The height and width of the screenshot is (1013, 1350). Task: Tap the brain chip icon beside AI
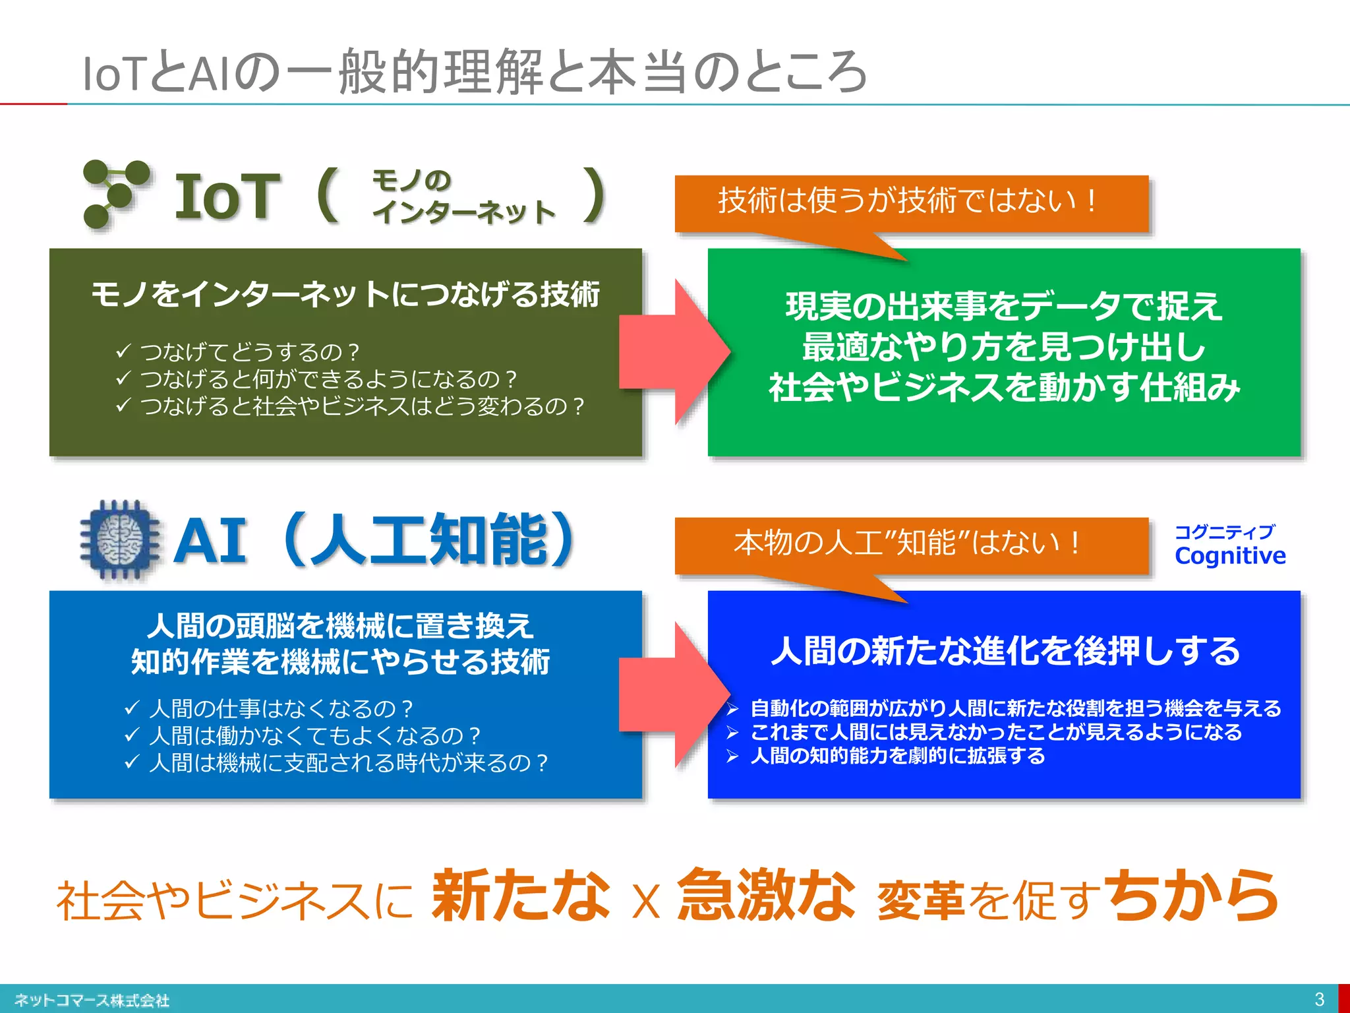(119, 539)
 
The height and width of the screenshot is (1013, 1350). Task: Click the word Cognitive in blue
(1230, 556)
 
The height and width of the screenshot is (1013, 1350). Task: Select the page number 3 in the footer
(1319, 999)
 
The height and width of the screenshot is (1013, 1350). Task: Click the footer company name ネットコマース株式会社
(92, 1000)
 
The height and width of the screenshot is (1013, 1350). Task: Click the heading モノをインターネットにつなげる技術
(345, 294)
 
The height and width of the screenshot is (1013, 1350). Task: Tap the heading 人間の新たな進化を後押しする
(1005, 651)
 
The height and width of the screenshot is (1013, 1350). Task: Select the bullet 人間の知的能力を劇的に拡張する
(897, 756)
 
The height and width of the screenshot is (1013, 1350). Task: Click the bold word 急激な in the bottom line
(766, 896)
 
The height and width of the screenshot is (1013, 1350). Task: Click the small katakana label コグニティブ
(1225, 532)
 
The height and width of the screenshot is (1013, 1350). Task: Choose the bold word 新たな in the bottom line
(521, 896)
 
